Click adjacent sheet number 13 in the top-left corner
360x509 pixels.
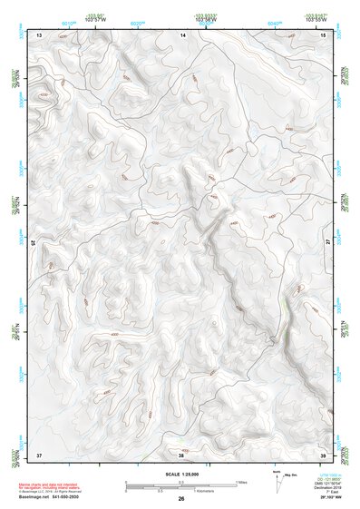pyautogui.click(x=39, y=34)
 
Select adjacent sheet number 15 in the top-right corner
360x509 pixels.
pyautogui.click(x=324, y=34)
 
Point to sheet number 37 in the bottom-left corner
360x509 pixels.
pyautogui.click(x=39, y=453)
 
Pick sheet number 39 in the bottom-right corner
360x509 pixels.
pyautogui.click(x=324, y=453)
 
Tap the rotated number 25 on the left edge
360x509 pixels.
pyautogui.click(x=35, y=243)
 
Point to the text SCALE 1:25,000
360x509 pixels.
pyautogui.click(x=181, y=475)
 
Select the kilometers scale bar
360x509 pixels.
pyautogui.click(x=168, y=488)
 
